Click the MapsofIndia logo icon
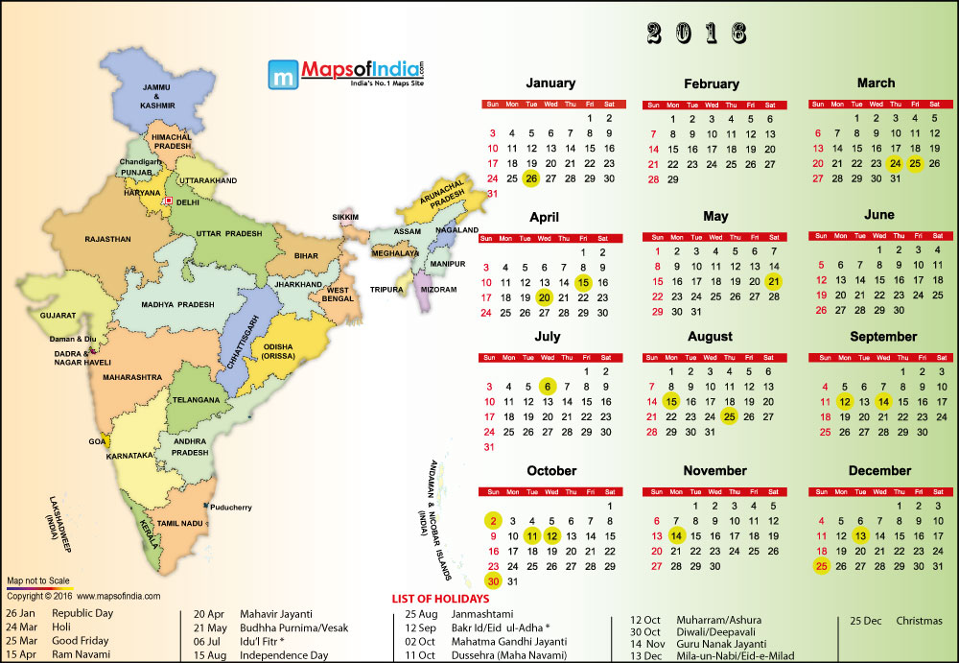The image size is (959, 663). (x=282, y=74)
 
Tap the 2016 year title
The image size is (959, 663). (x=695, y=34)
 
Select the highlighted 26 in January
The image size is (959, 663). (x=531, y=178)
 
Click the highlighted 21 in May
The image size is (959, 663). (x=773, y=281)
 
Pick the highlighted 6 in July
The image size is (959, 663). (x=547, y=386)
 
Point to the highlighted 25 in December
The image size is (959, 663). (x=821, y=566)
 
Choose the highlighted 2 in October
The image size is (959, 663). (x=493, y=521)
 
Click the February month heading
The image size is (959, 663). (x=712, y=83)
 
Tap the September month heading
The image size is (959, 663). (x=882, y=337)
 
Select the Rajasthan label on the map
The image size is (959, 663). (x=107, y=239)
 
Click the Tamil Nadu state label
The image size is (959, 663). (x=181, y=524)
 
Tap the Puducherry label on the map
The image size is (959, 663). (x=235, y=507)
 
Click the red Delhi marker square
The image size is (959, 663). (x=168, y=201)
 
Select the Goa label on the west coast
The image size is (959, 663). (x=97, y=440)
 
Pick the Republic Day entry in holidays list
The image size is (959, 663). (x=82, y=612)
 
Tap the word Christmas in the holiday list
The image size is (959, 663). (x=919, y=620)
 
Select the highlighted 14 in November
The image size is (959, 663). (x=675, y=535)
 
